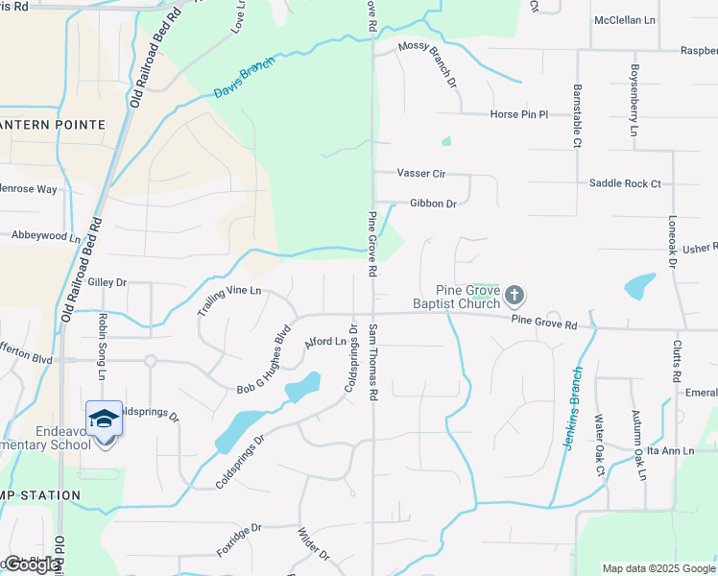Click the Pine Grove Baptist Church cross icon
pyautogui.click(x=515, y=294)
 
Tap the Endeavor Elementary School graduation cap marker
pyautogui.click(x=104, y=420)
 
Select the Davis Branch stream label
pyautogui.click(x=244, y=77)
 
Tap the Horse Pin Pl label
pyautogui.click(x=518, y=114)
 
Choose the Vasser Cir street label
pyautogui.click(x=421, y=174)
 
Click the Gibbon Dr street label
pyautogui.click(x=432, y=204)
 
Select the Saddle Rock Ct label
pyautogui.click(x=625, y=183)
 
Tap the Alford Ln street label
pyautogui.click(x=324, y=342)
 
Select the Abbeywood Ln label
pyautogui.click(x=46, y=235)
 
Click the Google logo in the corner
pyautogui.click(x=32, y=564)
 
